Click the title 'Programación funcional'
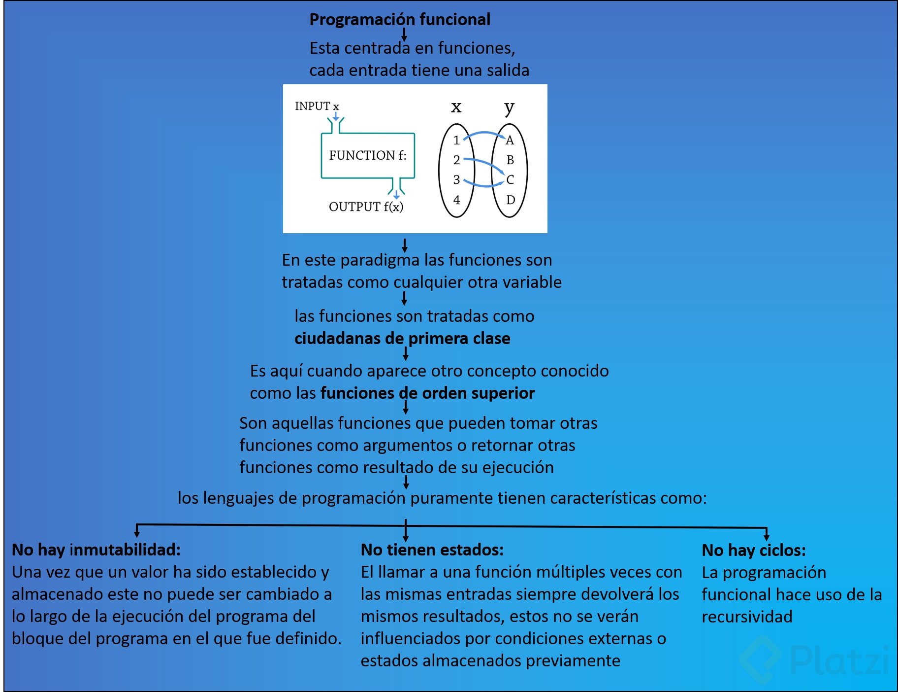(399, 20)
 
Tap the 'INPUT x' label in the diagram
(317, 106)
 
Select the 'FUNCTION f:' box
(368, 155)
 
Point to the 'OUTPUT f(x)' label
(366, 207)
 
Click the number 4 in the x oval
(456, 200)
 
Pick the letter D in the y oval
(511, 200)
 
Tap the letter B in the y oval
(510, 160)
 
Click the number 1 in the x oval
(456, 140)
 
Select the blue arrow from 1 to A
(484, 133)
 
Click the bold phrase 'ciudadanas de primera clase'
(402, 339)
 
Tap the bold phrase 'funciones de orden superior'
(427, 393)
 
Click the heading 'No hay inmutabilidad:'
(96, 550)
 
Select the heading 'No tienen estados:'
(432, 550)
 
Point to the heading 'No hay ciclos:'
(753, 550)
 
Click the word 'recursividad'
(747, 617)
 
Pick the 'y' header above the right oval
(509, 107)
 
